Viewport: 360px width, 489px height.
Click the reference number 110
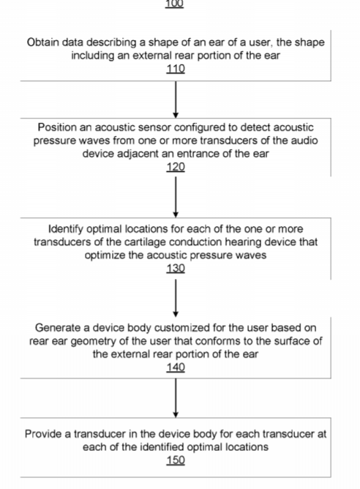[176, 69]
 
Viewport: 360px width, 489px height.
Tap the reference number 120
[176, 167]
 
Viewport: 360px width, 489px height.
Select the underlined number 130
[176, 268]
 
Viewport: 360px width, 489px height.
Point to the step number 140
[176, 367]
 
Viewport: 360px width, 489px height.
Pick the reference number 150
[176, 460]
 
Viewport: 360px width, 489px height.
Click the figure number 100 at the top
[174, 4]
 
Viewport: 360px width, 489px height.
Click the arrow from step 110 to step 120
[176, 100]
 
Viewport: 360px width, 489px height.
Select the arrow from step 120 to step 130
[176, 197]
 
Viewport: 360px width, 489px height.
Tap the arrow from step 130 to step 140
[176, 298]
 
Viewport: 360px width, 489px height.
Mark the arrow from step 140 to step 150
[176, 398]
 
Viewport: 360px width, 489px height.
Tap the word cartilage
[146, 242]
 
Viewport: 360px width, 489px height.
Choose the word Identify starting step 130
[65, 229]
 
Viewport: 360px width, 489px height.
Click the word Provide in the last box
[43, 434]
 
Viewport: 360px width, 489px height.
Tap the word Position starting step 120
[57, 127]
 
